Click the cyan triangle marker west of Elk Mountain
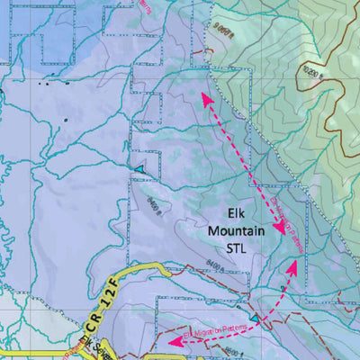click(x=139, y=169)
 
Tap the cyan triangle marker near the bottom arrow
click(x=256, y=319)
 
